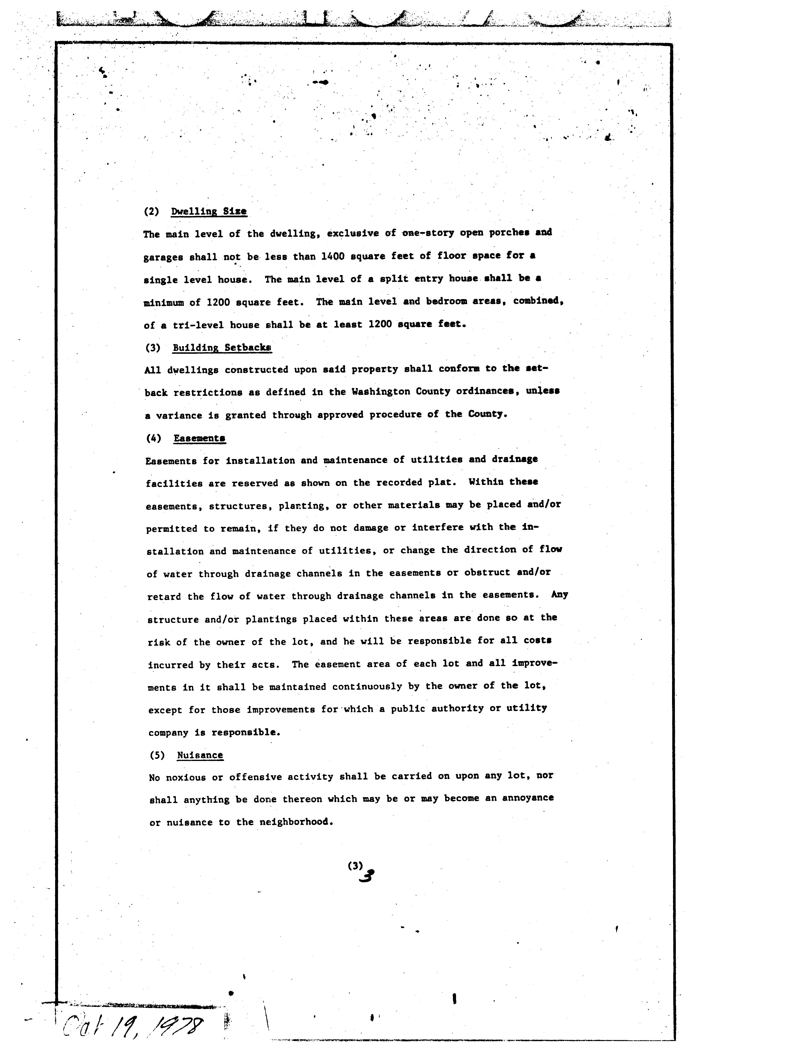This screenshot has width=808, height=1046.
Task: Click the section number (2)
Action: coord(151,211)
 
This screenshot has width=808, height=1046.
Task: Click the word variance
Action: coord(178,415)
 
